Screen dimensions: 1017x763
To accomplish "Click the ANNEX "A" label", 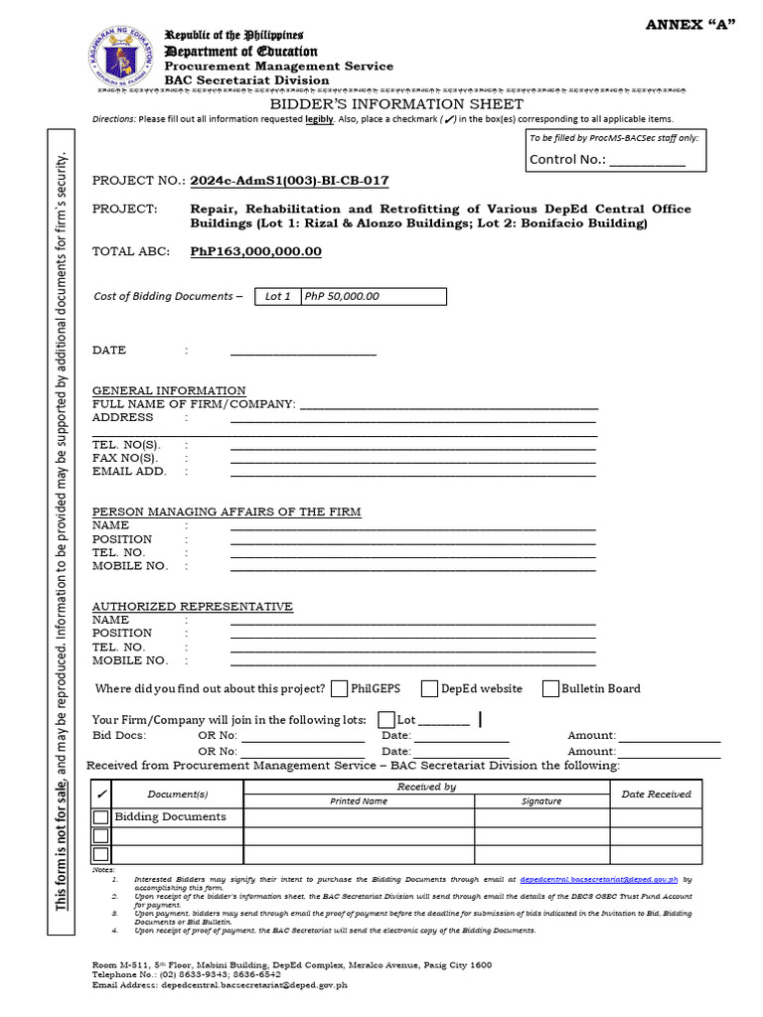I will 688,25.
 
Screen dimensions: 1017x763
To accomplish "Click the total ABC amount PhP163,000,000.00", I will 256,251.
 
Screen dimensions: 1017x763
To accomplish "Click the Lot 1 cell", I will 277,296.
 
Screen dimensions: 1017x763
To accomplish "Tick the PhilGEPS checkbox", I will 340,689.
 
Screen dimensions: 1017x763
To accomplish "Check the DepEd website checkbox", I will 430,689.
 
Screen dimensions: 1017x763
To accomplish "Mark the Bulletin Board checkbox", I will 551,689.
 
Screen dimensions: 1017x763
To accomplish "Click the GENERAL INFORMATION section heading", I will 169,390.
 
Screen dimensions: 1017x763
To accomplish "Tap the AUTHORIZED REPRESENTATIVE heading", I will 193,606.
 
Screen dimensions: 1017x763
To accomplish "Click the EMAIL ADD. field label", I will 129,472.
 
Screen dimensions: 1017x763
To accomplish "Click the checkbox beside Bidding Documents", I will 101,817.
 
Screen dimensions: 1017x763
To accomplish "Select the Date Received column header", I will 656,794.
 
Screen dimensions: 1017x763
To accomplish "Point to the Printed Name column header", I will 360,800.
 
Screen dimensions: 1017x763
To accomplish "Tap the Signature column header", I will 541,800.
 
